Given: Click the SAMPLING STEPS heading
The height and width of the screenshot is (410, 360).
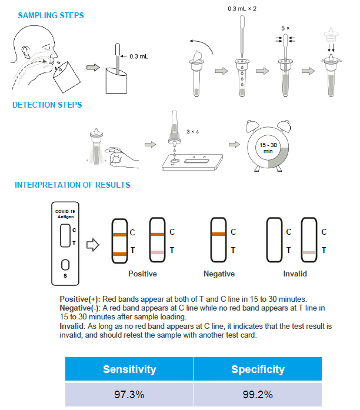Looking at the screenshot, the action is (51, 15).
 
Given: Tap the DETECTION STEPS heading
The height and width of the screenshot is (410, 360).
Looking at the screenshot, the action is (47, 105).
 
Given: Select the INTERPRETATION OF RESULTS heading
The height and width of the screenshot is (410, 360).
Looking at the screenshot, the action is (72, 185).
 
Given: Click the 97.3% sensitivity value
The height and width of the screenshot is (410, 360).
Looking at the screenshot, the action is (129, 395).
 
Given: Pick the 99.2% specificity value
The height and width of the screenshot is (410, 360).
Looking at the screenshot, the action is (258, 395).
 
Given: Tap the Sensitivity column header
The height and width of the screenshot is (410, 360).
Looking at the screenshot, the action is (129, 369).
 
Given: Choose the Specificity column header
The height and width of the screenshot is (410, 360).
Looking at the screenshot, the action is (258, 369).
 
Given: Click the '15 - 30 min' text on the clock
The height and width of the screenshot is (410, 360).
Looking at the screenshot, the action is (268, 148).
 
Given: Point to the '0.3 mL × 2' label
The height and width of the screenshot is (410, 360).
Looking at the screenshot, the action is (242, 9).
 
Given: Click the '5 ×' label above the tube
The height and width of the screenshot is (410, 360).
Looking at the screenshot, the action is (285, 28).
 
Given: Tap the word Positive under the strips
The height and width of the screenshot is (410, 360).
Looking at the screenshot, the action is (142, 274).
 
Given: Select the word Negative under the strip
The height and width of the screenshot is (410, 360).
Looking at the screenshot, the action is (219, 274).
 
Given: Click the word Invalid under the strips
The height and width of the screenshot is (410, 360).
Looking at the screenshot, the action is (295, 274).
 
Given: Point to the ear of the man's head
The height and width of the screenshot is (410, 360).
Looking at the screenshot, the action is (26, 52).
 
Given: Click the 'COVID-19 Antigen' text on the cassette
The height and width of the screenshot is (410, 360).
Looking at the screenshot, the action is (65, 214).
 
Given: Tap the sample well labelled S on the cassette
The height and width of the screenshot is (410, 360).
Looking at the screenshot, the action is (65, 265).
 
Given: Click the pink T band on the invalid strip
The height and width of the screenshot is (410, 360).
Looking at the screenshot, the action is (309, 252).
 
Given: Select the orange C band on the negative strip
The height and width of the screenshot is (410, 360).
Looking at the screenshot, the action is (218, 234).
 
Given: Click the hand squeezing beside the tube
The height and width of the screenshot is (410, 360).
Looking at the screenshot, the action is (121, 156).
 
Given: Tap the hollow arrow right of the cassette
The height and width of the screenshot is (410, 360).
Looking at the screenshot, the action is (93, 245).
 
